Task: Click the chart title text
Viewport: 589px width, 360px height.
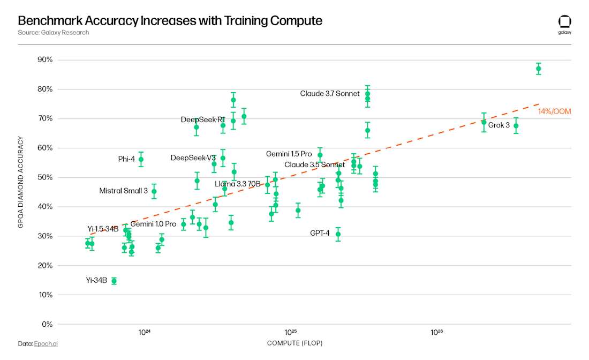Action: pyautogui.click(x=170, y=21)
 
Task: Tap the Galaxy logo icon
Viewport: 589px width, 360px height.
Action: pyautogui.click(x=564, y=21)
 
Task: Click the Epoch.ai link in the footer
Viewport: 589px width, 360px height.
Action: pyautogui.click(x=46, y=343)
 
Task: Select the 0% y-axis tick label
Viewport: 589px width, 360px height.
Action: pyautogui.click(x=47, y=324)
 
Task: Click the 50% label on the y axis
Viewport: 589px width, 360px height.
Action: pyautogui.click(x=46, y=177)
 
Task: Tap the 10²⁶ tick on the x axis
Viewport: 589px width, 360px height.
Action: pyautogui.click(x=437, y=333)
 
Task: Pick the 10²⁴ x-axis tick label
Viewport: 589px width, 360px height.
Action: pyautogui.click(x=144, y=333)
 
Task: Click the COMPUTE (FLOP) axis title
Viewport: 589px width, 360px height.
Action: pyautogui.click(x=294, y=343)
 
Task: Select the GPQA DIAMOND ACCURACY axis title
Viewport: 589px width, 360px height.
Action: pyautogui.click(x=21, y=182)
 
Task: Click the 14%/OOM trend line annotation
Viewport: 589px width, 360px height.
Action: pyautogui.click(x=554, y=111)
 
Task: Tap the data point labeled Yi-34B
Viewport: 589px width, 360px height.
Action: pyautogui.click(x=114, y=281)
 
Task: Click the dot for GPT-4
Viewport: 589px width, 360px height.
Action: pyautogui.click(x=338, y=234)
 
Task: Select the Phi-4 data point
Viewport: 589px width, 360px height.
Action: pyautogui.click(x=141, y=159)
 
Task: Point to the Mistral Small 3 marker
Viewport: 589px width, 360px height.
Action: pyautogui.click(x=154, y=191)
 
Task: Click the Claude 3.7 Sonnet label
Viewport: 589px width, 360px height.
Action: pyautogui.click(x=329, y=94)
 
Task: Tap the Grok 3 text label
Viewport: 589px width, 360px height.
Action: pyautogui.click(x=499, y=125)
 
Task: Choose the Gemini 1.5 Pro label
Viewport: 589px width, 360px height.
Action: pyautogui.click(x=289, y=154)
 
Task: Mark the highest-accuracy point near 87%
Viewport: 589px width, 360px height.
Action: pyautogui.click(x=539, y=69)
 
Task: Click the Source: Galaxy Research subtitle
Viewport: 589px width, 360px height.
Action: pyautogui.click(x=53, y=33)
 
